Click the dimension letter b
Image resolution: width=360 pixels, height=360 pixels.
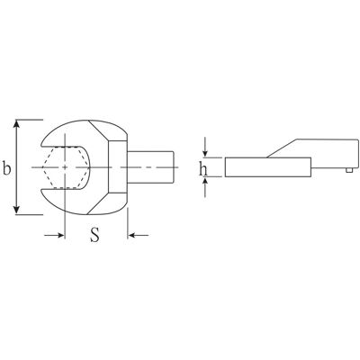pyautogui.click(x=6, y=168)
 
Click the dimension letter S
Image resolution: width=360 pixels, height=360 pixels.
pyautogui.click(x=94, y=234)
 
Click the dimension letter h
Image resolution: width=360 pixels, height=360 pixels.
pyautogui.click(x=203, y=169)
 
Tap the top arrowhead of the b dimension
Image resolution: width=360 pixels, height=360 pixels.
pyautogui.click(x=17, y=124)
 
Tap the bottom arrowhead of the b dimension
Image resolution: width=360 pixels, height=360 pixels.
pyautogui.click(x=17, y=210)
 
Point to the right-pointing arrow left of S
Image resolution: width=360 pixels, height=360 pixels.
pyautogui.click(x=54, y=236)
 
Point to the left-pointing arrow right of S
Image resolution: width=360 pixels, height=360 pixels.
pyautogui.click(x=138, y=235)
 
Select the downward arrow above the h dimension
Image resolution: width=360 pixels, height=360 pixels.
pyautogui.click(x=205, y=147)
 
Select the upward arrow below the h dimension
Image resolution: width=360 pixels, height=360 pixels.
pyautogui.click(x=205, y=187)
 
